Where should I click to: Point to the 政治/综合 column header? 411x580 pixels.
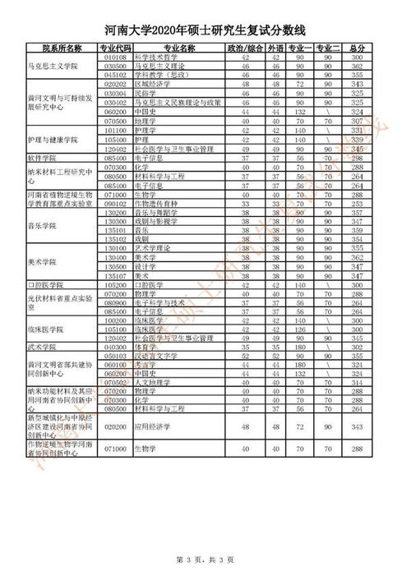tap(243, 48)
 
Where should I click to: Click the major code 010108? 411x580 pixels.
tap(116, 58)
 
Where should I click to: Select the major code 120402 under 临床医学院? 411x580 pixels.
tap(116, 338)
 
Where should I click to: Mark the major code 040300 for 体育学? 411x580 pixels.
tap(116, 347)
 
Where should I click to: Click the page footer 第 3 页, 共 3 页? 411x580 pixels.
tap(205, 560)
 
